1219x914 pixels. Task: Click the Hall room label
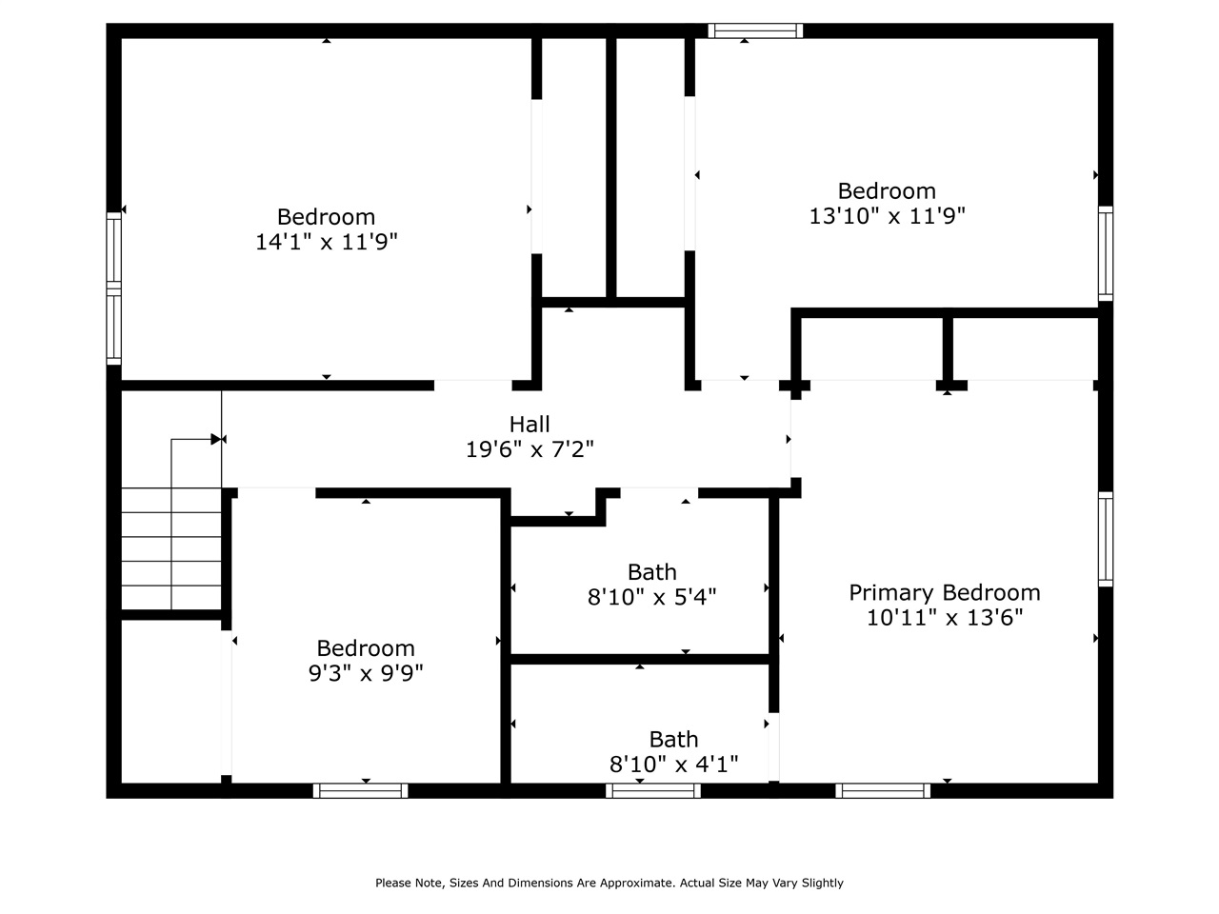pyautogui.click(x=530, y=424)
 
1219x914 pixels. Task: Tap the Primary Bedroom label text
pyautogui.click(x=944, y=592)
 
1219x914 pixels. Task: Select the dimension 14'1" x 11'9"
pyautogui.click(x=326, y=242)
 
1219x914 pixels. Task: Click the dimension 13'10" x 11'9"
pyautogui.click(x=887, y=216)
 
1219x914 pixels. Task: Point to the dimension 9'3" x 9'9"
pyautogui.click(x=365, y=673)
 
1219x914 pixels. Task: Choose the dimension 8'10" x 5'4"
pyautogui.click(x=651, y=597)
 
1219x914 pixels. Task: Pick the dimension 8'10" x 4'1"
pyautogui.click(x=673, y=764)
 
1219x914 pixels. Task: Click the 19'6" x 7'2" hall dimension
pyautogui.click(x=530, y=449)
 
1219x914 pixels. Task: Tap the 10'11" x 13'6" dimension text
pyautogui.click(x=944, y=618)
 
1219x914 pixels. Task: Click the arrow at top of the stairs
pyautogui.click(x=217, y=439)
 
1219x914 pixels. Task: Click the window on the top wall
pyautogui.click(x=755, y=30)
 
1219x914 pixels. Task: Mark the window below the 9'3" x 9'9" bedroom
pyautogui.click(x=361, y=790)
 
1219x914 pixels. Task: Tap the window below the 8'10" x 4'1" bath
pyautogui.click(x=653, y=790)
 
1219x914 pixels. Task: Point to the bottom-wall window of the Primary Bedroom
pyautogui.click(x=883, y=790)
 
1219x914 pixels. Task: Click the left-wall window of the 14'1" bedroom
pyautogui.click(x=114, y=288)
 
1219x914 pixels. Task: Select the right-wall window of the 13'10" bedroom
pyautogui.click(x=1105, y=253)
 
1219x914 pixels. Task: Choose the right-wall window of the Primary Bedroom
pyautogui.click(x=1105, y=538)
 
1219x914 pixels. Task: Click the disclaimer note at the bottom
pyautogui.click(x=609, y=883)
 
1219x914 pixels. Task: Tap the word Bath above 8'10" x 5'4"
pyautogui.click(x=651, y=572)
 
